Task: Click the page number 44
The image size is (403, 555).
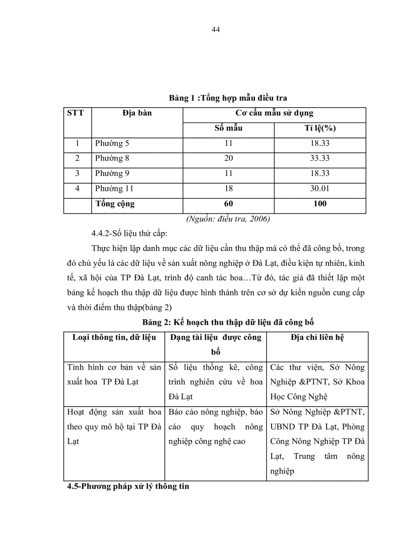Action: pyautogui.click(x=215, y=29)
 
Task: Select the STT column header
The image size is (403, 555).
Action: pyautogui.click(x=76, y=113)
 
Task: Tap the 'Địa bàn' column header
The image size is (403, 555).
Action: pyautogui.click(x=137, y=113)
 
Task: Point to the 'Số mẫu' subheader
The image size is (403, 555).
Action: pyautogui.click(x=228, y=128)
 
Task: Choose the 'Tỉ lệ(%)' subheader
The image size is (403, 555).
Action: pyautogui.click(x=320, y=128)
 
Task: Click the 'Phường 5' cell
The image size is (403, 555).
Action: pyautogui.click(x=112, y=143)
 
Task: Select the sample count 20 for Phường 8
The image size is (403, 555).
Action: pyautogui.click(x=228, y=159)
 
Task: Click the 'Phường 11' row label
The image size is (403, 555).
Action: pyautogui.click(x=114, y=189)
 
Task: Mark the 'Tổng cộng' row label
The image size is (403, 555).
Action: pyautogui.click(x=115, y=204)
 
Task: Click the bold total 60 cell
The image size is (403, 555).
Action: pyautogui.click(x=228, y=204)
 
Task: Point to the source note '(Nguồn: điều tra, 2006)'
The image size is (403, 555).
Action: pyautogui.click(x=228, y=219)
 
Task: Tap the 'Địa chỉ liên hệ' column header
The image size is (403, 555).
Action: pyautogui.click(x=318, y=338)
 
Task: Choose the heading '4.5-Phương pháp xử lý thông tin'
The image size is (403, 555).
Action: pyautogui.click(x=128, y=486)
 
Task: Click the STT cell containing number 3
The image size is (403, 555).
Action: pyautogui.click(x=77, y=173)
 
